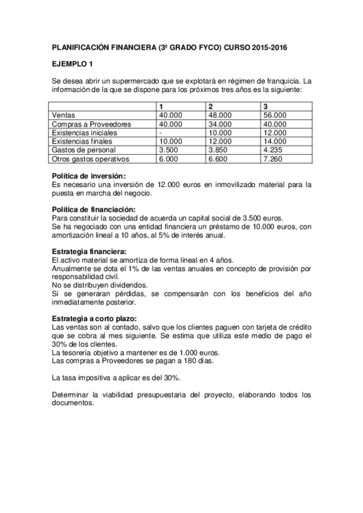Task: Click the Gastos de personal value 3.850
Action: tap(218, 149)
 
